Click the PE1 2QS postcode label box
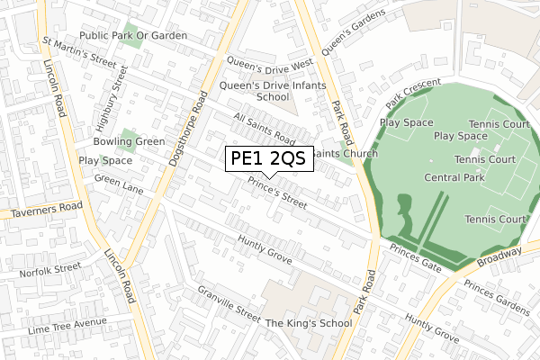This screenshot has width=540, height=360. (x=268, y=159)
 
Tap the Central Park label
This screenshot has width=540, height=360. (x=454, y=178)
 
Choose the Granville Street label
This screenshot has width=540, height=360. (x=230, y=306)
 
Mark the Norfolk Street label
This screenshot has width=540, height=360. (x=56, y=268)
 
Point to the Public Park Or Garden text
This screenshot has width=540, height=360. (x=132, y=35)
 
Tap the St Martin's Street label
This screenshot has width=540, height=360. (x=79, y=55)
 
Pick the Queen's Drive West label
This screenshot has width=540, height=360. (x=269, y=63)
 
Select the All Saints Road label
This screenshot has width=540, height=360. (x=264, y=129)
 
